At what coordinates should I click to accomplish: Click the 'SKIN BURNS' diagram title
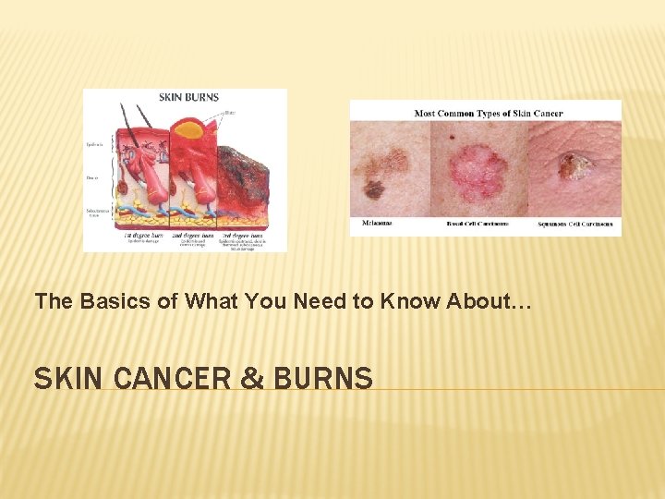click(x=188, y=96)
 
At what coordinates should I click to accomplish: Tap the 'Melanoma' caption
click(x=373, y=224)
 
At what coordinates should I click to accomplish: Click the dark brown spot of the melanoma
click(x=374, y=189)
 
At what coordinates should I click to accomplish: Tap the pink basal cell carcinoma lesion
click(x=478, y=172)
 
